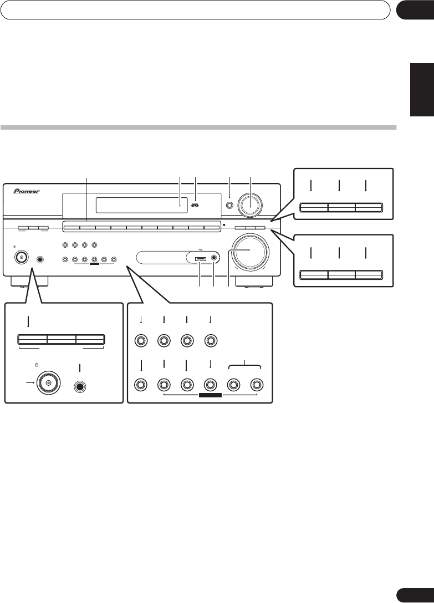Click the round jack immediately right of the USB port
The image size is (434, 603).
pos(214,257)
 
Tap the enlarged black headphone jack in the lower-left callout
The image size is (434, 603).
pos(80,382)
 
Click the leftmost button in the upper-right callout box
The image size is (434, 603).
pos(313,208)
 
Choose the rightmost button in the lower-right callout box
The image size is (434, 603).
pos(369,274)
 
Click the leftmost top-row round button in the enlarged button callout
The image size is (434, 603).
pos(141,341)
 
